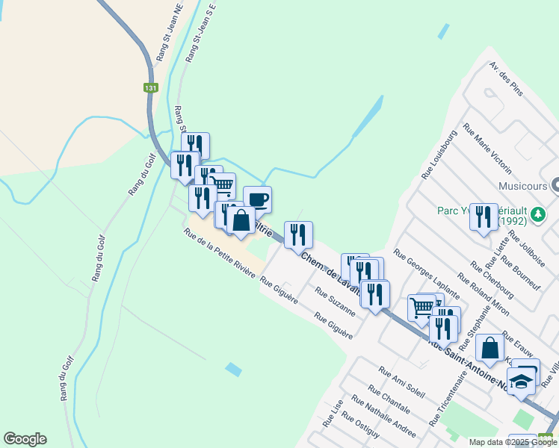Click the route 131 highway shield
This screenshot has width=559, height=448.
[x=151, y=88]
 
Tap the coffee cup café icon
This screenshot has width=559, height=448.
[x=257, y=199]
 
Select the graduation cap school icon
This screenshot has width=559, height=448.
[x=520, y=382]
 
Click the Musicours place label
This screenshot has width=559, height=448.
[x=522, y=185]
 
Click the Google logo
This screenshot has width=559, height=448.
[x=25, y=439]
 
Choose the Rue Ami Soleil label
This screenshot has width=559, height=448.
[x=402, y=382]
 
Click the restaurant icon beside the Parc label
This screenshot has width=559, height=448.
[x=484, y=217]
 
